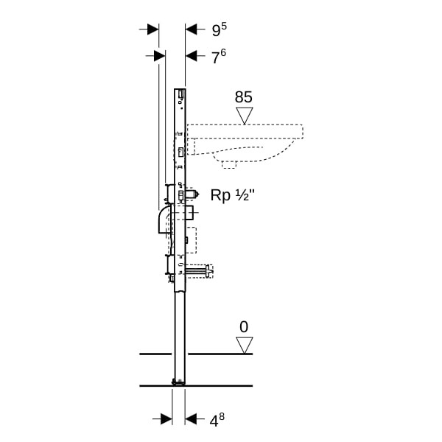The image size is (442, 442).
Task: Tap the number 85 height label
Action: (244, 97)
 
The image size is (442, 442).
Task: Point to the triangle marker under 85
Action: (244, 115)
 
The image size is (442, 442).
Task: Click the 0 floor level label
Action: (244, 326)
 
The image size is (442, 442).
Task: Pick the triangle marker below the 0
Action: (244, 345)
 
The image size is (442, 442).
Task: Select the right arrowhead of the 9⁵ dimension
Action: (193, 29)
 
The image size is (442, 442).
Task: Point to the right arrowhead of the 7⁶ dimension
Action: (193, 56)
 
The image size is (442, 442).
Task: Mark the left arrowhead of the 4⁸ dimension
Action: (166, 418)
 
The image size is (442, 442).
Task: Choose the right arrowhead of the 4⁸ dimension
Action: (192, 418)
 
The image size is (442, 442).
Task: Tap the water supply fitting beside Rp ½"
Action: (190, 194)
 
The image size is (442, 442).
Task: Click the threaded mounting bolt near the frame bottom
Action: (197, 271)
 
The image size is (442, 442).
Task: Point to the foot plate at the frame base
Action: (178, 382)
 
